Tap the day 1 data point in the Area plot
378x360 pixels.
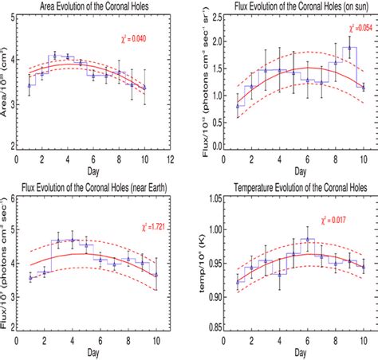[x=30, y=85]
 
